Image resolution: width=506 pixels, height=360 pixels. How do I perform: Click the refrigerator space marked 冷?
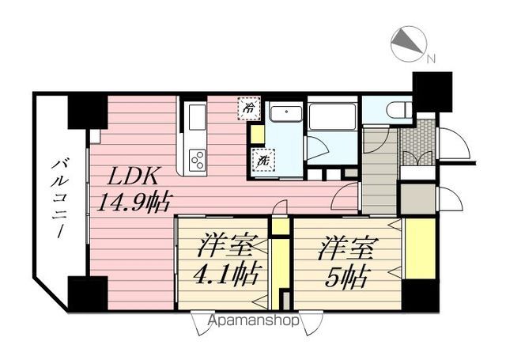(x=249, y=108)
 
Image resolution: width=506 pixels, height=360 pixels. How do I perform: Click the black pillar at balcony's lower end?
(x=87, y=294)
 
